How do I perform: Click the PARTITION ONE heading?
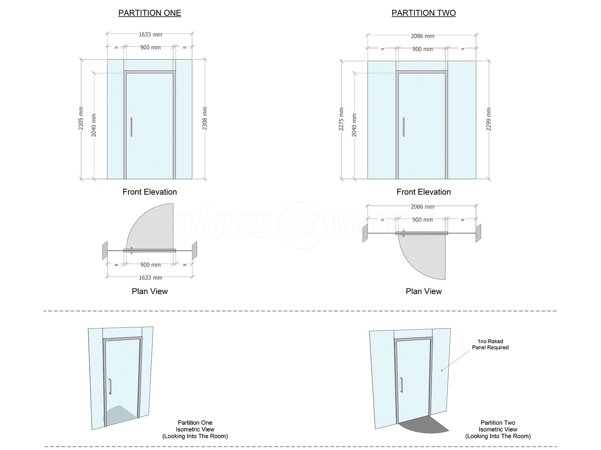click(149, 13)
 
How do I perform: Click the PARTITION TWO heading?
click(424, 13)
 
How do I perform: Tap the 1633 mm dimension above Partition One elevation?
click(150, 34)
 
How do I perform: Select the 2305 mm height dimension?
click(81, 118)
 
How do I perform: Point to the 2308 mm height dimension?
click(205, 118)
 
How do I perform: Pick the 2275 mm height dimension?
click(341, 119)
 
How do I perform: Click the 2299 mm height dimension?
click(488, 119)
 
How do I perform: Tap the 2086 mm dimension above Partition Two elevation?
click(423, 36)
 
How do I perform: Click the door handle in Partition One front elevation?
click(131, 127)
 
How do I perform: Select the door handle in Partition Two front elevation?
click(403, 127)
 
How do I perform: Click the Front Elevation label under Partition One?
click(149, 192)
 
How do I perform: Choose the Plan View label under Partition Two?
click(424, 291)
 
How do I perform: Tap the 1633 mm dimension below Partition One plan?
click(150, 277)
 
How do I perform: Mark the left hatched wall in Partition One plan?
click(105, 250)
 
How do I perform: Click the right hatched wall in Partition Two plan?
click(478, 233)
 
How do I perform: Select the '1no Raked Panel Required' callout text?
click(490, 344)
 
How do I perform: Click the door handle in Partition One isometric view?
click(110, 386)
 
